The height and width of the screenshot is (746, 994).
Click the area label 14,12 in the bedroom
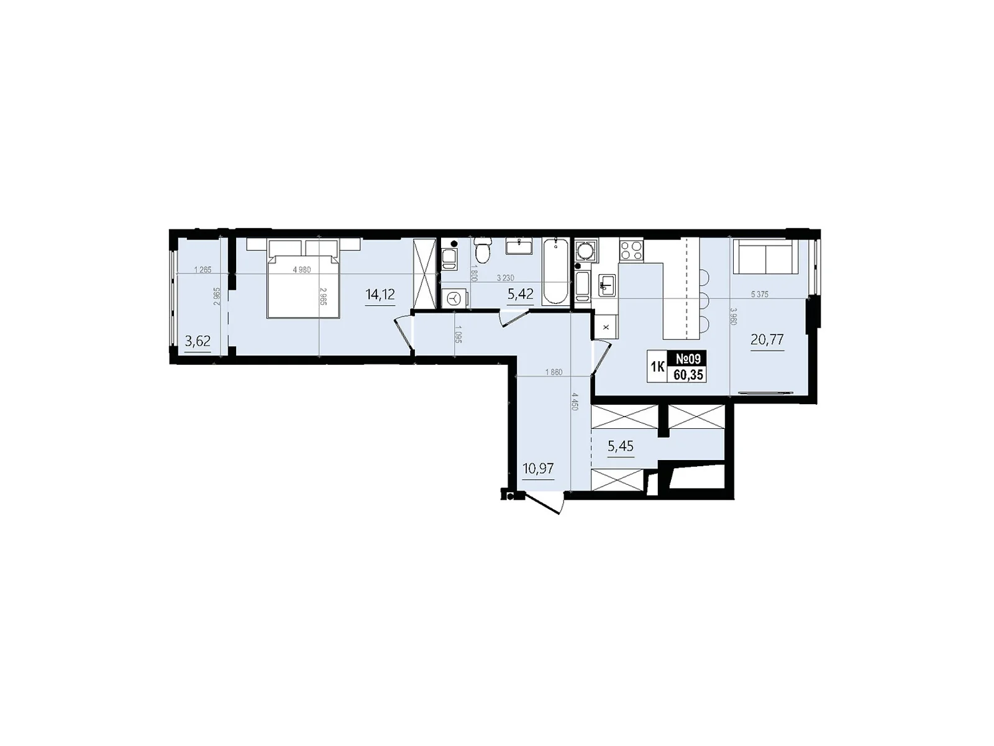tap(380, 294)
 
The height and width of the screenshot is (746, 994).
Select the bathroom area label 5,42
tap(520, 294)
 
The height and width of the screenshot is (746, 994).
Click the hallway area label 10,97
tap(538, 468)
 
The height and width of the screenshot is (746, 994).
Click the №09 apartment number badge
tap(687, 359)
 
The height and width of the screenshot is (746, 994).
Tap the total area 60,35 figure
tap(687, 374)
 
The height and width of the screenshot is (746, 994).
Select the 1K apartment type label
tap(657, 367)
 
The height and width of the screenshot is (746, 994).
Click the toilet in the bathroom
tap(481, 252)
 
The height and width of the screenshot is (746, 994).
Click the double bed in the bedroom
tap(303, 283)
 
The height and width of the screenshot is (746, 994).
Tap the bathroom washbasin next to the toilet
tap(519, 247)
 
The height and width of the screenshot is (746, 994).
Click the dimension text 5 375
tap(759, 295)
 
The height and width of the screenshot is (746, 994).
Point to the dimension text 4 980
tap(301, 269)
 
